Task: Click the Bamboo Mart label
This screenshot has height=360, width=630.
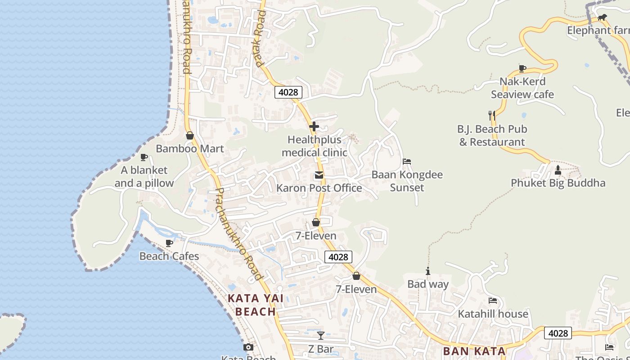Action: [189, 148]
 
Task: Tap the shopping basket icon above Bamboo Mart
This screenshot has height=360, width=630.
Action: [190, 135]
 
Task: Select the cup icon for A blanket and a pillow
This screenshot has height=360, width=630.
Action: [144, 157]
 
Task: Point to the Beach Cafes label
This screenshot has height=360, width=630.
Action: [169, 256]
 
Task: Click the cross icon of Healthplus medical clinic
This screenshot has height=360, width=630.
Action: [314, 126]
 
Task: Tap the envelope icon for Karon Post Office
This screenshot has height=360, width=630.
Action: [319, 175]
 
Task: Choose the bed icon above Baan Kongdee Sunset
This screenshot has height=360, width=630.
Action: [407, 162]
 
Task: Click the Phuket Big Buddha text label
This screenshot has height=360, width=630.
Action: [558, 183]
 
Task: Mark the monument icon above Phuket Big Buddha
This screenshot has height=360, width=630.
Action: [558, 170]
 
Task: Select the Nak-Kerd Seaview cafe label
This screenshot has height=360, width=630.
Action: [522, 88]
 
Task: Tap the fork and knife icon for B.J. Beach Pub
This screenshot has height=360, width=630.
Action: [492, 116]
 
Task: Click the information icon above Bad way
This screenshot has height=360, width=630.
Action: [428, 271]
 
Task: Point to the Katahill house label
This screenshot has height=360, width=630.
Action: [493, 314]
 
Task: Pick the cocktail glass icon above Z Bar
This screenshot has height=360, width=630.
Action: [320, 335]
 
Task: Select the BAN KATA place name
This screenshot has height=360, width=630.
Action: [474, 351]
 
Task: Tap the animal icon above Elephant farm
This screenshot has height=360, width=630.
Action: [602, 18]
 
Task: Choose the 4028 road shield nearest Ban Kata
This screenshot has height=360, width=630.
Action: [558, 333]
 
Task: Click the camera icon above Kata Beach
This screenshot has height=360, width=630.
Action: [248, 347]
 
